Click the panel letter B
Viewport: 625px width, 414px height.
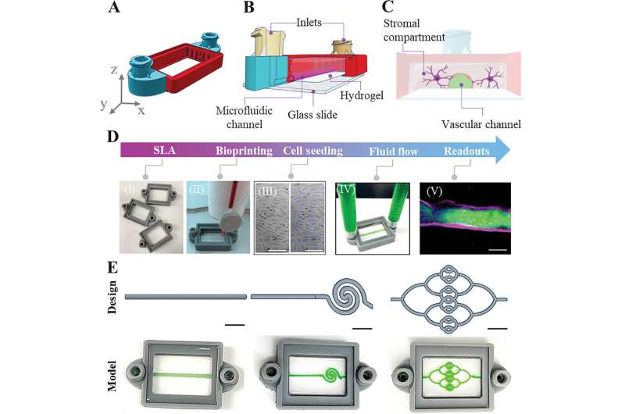tap(248, 9)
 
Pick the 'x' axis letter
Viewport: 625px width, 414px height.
tap(141, 110)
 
